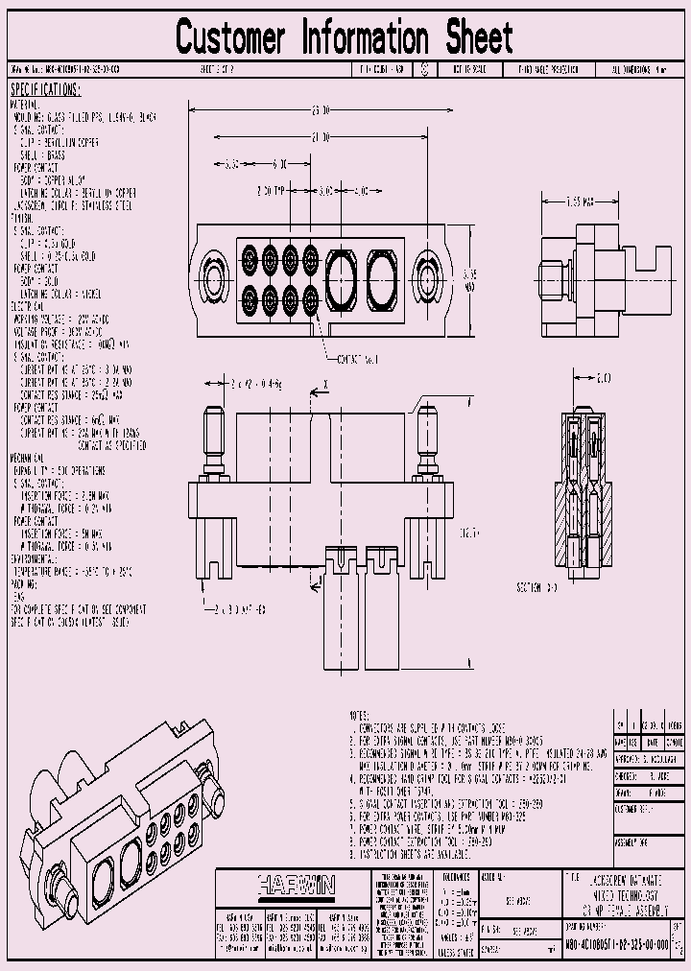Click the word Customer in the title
(230, 38)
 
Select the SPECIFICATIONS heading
(45, 90)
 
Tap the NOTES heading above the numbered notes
(360, 716)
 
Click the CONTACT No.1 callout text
(357, 359)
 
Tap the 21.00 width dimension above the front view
(321, 138)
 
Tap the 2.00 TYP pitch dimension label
(274, 191)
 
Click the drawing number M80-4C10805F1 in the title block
(620, 945)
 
